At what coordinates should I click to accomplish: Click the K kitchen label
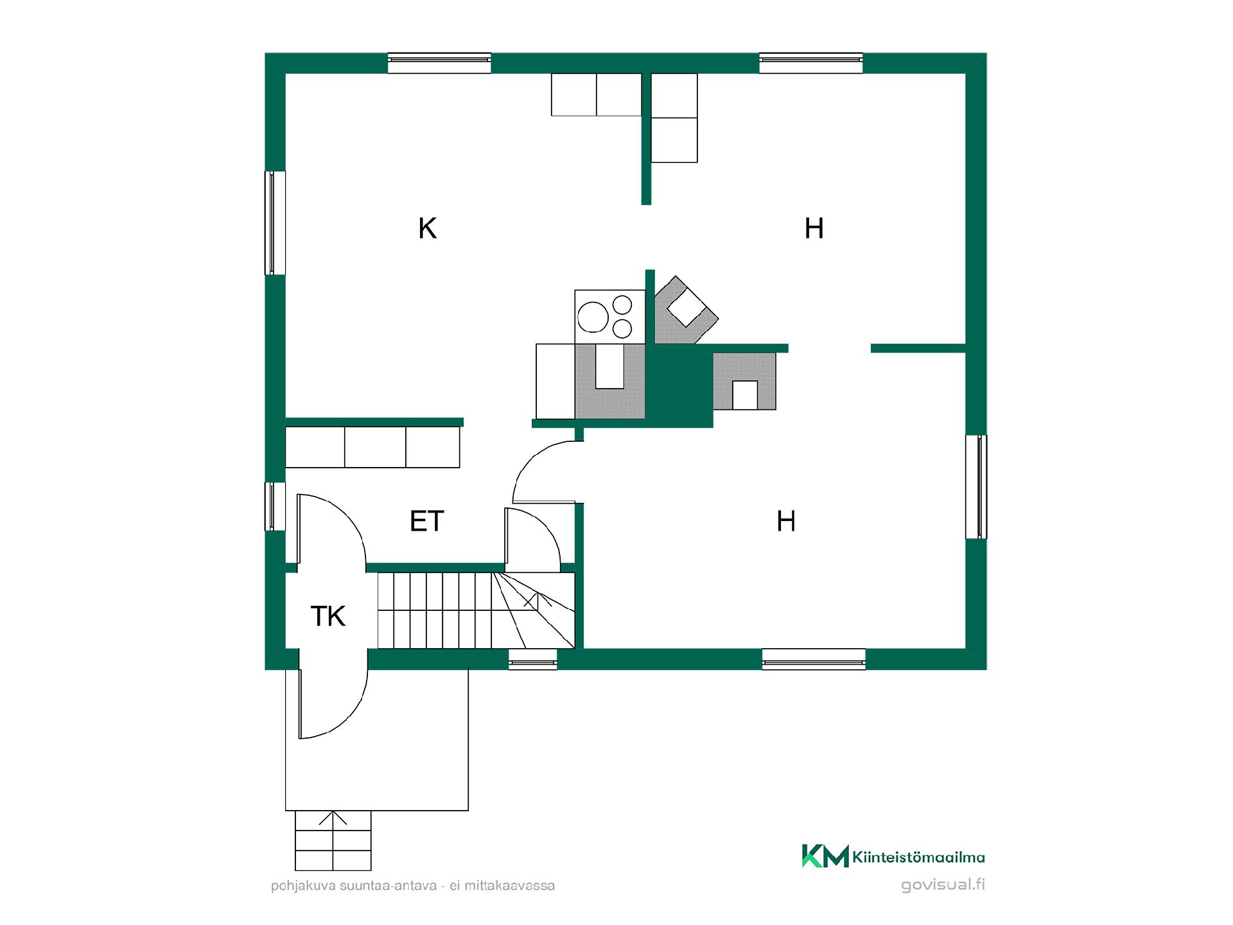pyautogui.click(x=428, y=229)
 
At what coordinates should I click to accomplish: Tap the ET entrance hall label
pyautogui.click(x=427, y=521)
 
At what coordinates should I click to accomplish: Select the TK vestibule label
pyautogui.click(x=328, y=616)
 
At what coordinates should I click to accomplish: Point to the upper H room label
pyautogui.click(x=814, y=229)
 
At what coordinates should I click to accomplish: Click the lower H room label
pyautogui.click(x=786, y=521)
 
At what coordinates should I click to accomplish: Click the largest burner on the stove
pyautogui.click(x=593, y=317)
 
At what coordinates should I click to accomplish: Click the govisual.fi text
pyautogui.click(x=943, y=885)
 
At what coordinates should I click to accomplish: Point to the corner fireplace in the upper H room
pyautogui.click(x=685, y=310)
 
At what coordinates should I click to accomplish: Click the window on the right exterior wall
pyautogui.click(x=977, y=487)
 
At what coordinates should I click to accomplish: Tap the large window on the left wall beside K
pyautogui.click(x=275, y=223)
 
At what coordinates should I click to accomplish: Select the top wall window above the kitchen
pyautogui.click(x=439, y=63)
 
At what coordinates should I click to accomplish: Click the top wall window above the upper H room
pyautogui.click(x=811, y=63)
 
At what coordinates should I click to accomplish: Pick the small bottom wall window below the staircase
pyautogui.click(x=533, y=660)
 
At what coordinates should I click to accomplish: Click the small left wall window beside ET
pyautogui.click(x=275, y=507)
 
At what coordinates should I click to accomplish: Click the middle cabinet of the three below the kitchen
pyautogui.click(x=375, y=447)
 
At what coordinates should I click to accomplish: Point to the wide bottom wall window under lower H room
pyautogui.click(x=814, y=660)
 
